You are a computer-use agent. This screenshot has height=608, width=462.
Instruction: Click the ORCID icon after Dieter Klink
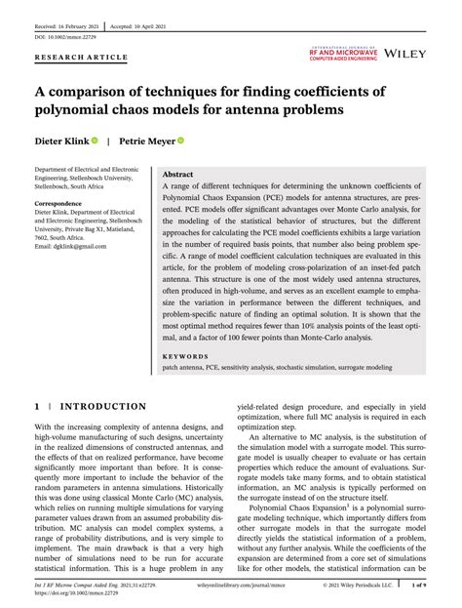(x=95, y=142)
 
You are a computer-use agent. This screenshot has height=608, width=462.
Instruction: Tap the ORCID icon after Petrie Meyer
(x=181, y=142)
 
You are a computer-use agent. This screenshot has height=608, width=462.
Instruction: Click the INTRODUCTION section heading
(x=102, y=406)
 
